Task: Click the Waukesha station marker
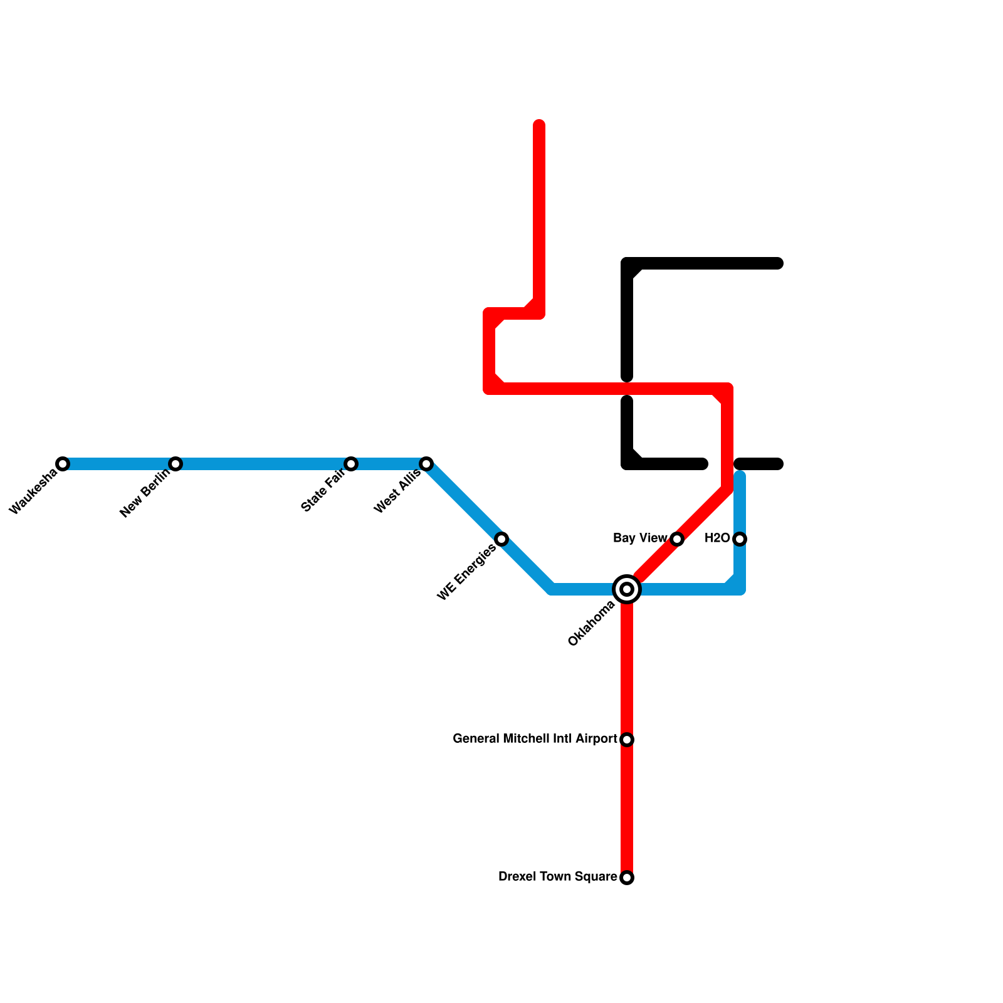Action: [x=63, y=464]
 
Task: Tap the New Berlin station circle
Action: [x=176, y=464]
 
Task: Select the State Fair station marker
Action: [x=351, y=464]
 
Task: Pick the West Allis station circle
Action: [x=426, y=464]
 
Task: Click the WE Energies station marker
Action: [x=501, y=539]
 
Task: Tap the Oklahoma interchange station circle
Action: [x=627, y=589]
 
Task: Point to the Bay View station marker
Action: [x=677, y=539]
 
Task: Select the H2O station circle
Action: [x=740, y=539]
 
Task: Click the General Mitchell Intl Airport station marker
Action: [x=627, y=740]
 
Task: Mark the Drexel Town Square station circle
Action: [x=627, y=878]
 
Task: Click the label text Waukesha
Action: [x=34, y=493]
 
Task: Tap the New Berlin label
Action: [x=145, y=494]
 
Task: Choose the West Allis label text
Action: [x=397, y=493]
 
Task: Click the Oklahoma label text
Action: [x=592, y=624]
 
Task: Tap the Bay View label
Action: [x=640, y=538]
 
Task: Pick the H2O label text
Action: [x=717, y=538]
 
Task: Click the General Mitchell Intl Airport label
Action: [x=535, y=739]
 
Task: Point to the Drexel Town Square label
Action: [x=557, y=877]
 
